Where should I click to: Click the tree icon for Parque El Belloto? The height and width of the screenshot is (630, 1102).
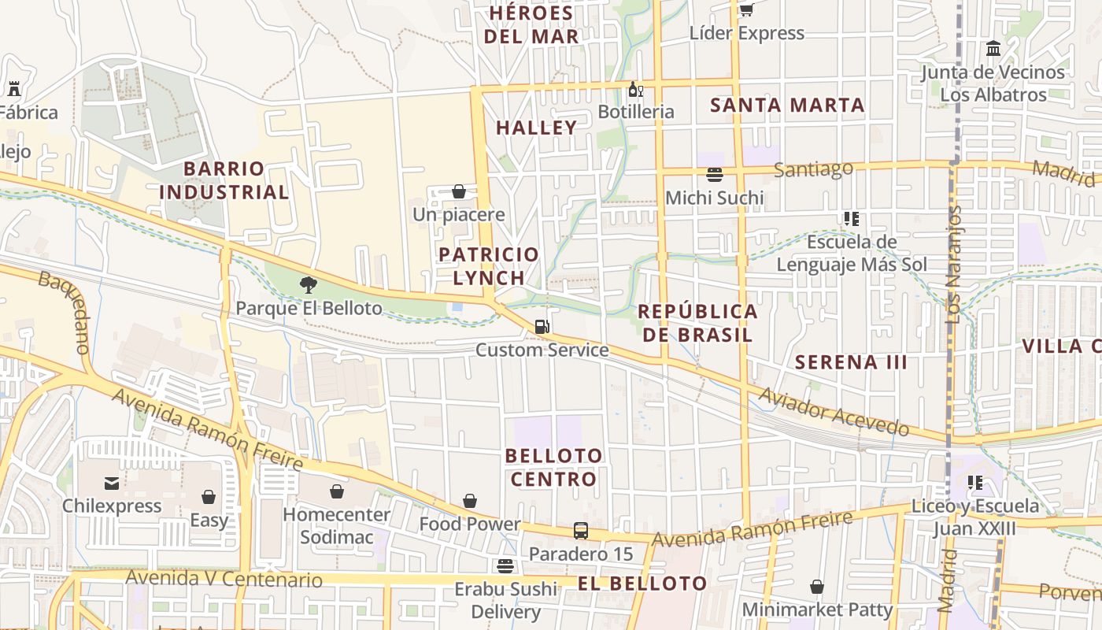pyautogui.click(x=309, y=284)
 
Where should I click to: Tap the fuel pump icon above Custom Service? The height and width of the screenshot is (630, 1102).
pyautogui.click(x=542, y=326)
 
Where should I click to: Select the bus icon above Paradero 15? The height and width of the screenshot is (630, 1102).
pyautogui.click(x=581, y=531)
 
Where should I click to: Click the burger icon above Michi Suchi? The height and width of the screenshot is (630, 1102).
pyautogui.click(x=715, y=174)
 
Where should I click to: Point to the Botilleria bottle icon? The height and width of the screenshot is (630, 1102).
pyautogui.click(x=635, y=89)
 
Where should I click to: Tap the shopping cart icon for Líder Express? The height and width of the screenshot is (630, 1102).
pyautogui.click(x=746, y=9)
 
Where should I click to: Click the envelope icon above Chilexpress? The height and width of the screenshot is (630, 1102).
pyautogui.click(x=112, y=483)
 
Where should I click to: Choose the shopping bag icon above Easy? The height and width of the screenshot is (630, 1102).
pyautogui.click(x=209, y=497)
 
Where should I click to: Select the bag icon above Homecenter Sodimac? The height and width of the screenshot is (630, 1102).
pyautogui.click(x=337, y=491)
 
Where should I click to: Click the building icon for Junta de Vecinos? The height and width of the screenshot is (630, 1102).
pyautogui.click(x=993, y=49)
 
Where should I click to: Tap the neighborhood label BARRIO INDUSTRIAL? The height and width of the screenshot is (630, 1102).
pyautogui.click(x=224, y=180)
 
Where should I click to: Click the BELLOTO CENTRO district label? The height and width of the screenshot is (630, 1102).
pyautogui.click(x=553, y=467)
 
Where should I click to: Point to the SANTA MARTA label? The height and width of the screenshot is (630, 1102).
pyautogui.click(x=787, y=105)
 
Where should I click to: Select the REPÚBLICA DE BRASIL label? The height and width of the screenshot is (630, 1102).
pyautogui.click(x=697, y=322)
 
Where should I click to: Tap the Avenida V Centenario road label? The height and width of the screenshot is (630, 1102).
pyautogui.click(x=224, y=580)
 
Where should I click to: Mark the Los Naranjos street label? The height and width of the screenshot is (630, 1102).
pyautogui.click(x=953, y=265)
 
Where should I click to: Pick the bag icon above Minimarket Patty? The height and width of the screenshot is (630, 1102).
pyautogui.click(x=817, y=587)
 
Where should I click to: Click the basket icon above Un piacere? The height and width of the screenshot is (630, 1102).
pyautogui.click(x=459, y=191)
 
